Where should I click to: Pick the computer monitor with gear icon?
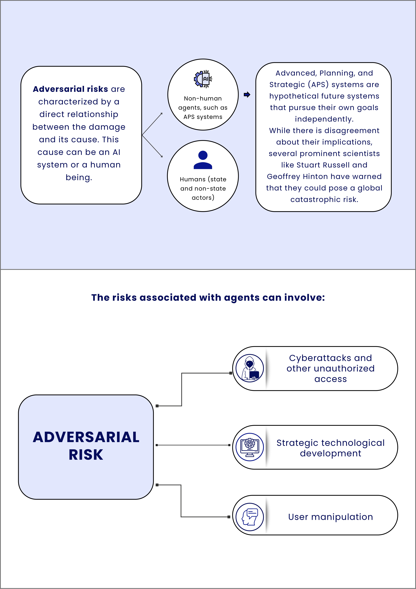pos(250,447)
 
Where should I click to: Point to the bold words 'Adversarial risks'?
pos(70,89)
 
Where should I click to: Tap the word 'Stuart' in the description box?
pos(306,165)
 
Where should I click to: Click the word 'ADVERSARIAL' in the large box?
pos(86,437)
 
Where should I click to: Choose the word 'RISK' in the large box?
pos(86,455)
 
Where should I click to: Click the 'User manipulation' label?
pos(330,517)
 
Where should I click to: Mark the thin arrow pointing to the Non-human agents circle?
pos(152,124)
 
